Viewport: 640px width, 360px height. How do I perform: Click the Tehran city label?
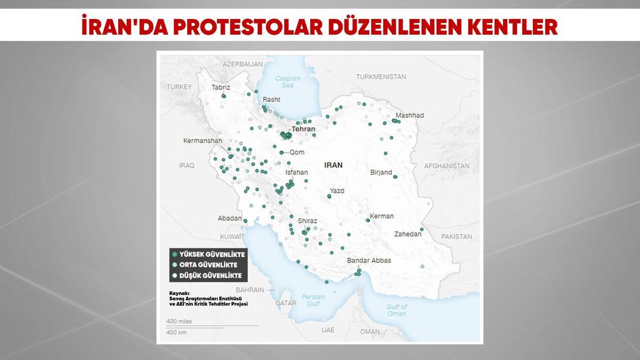click(303, 129)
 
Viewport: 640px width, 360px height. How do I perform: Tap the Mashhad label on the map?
click(410, 115)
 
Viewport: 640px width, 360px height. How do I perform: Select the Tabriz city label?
click(220, 87)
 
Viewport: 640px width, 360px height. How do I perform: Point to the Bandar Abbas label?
click(369, 260)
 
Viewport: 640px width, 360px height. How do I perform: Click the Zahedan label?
click(407, 234)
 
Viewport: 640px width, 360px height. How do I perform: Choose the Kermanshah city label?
click(202, 141)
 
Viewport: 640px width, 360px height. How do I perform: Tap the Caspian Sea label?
click(288, 82)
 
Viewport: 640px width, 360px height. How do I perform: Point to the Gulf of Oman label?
click(396, 310)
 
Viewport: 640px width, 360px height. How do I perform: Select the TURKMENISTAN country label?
click(381, 77)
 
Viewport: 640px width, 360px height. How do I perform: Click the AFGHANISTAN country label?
click(446, 166)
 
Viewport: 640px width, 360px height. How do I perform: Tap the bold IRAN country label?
click(333, 165)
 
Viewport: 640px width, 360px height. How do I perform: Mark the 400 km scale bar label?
click(177, 332)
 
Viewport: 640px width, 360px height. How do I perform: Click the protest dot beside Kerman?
click(367, 220)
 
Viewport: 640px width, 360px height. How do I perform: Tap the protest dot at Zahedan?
click(421, 230)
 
